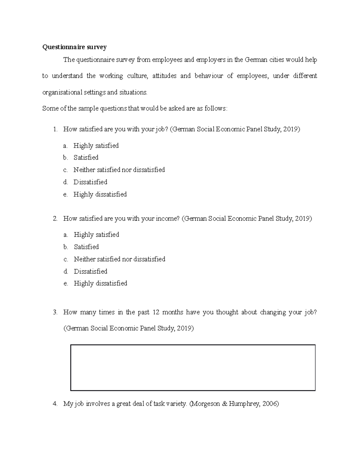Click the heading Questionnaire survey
[74, 47]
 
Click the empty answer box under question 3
[193, 368]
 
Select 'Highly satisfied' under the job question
[96, 146]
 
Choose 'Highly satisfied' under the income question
[96, 235]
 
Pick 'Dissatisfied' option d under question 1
[90, 182]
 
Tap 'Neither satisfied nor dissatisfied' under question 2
[119, 259]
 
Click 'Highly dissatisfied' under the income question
[100, 284]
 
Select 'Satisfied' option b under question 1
[86, 158]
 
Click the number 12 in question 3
[156, 312]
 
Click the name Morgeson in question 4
[205, 404]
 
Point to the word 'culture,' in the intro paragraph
[137, 76]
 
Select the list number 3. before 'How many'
[55, 312]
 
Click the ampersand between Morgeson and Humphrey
[225, 404]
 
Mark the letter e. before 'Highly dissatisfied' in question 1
[65, 194]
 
